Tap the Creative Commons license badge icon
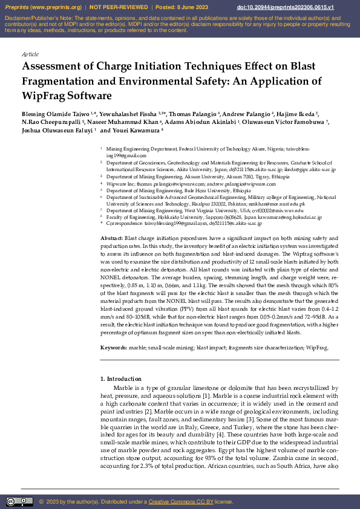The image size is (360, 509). click(x=19, y=502)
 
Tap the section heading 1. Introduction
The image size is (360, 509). click(x=120, y=378)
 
